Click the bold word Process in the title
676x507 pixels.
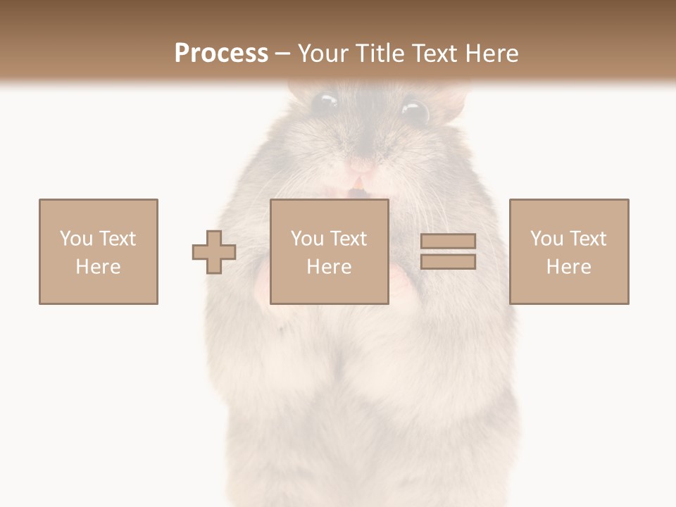point(221,54)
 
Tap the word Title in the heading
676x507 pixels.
point(379,54)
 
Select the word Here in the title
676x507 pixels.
point(490,54)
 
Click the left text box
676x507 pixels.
point(99,251)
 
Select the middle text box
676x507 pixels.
point(329,251)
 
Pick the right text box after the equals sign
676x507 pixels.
point(569,251)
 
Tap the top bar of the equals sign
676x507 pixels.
point(448,242)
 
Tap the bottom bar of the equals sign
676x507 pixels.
point(448,262)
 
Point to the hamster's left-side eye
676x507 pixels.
point(324,103)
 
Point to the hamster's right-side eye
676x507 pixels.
point(414,111)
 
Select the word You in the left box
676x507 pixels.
point(76,238)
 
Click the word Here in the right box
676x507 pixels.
point(569,266)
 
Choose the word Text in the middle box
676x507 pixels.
point(348,238)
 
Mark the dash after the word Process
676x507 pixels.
point(283,54)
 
